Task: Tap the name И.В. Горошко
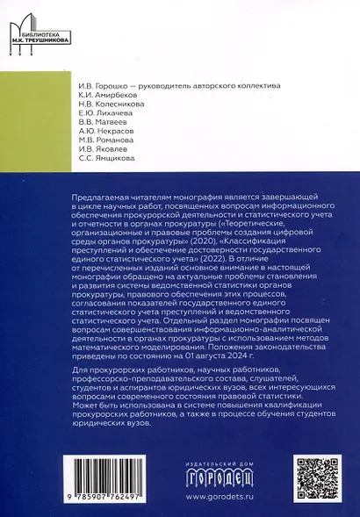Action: tap(104, 85)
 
